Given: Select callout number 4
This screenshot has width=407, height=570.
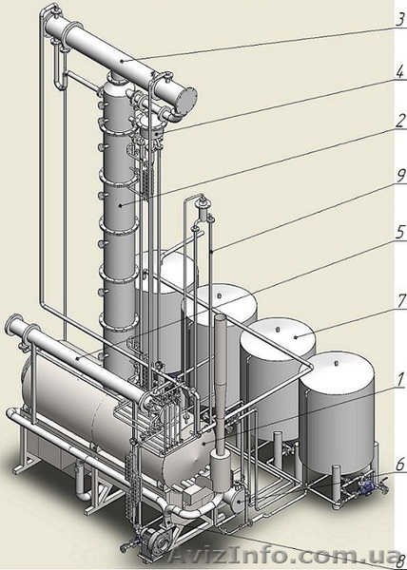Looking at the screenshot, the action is click(x=399, y=72).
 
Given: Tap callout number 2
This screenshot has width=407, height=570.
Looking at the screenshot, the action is click(x=400, y=121).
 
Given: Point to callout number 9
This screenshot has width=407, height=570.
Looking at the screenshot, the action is click(x=400, y=177).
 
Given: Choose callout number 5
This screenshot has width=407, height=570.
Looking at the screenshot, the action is click(x=400, y=233).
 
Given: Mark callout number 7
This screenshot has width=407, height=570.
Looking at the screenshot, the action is click(x=401, y=301).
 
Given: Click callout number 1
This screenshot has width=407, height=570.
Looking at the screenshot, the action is click(x=400, y=380).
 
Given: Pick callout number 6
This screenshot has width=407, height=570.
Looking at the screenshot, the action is click(x=400, y=465).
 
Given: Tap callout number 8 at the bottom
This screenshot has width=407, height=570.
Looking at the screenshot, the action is click(x=401, y=560).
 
